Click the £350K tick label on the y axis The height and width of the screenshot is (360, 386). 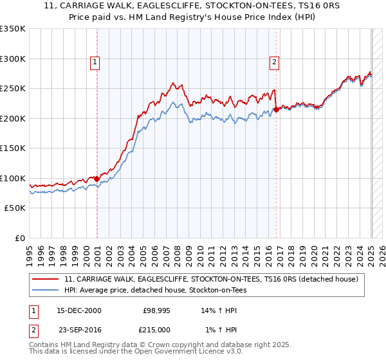13,29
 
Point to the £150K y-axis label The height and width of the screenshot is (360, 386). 13,148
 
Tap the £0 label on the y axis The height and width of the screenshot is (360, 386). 19,238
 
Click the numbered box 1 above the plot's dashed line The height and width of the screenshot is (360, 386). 95,62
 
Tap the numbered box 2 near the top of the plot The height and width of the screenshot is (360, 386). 274,62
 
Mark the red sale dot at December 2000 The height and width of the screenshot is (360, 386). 96,179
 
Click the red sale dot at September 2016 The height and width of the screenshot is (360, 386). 276,109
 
